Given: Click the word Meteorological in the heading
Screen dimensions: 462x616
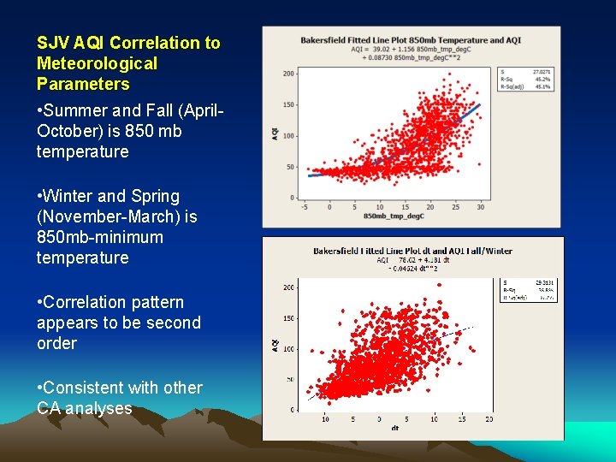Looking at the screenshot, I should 97,63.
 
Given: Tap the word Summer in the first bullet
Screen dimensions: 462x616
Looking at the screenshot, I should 79,110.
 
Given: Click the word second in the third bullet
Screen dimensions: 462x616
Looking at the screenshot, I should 177,323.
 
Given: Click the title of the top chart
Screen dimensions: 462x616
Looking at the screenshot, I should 411,39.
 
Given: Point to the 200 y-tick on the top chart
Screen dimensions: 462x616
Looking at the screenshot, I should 288,74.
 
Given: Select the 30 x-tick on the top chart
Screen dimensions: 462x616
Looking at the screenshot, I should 480,206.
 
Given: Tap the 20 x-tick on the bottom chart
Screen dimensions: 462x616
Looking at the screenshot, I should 489,419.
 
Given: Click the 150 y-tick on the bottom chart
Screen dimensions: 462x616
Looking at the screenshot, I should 288,318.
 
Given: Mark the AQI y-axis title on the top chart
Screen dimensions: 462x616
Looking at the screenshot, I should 275,134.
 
